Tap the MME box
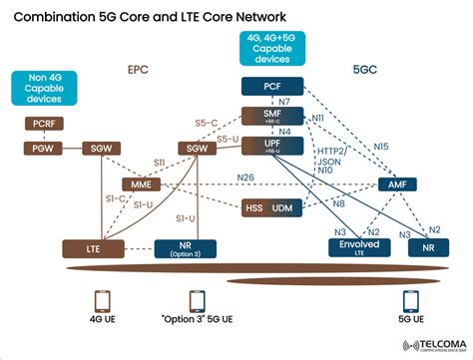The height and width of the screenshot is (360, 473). point(140,185)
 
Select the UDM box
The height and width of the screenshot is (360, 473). point(283,207)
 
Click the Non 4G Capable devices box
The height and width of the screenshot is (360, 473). point(40,86)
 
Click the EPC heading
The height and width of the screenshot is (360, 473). point(139,71)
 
